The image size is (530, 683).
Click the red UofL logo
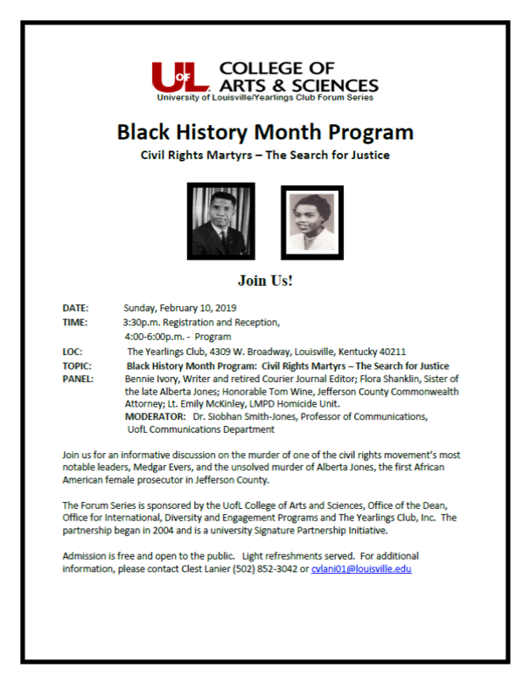180,77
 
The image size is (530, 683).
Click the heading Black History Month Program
265,133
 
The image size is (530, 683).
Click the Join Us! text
265,282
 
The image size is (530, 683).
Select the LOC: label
73,351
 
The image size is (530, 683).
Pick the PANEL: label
78,379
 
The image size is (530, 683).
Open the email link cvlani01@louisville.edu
361,568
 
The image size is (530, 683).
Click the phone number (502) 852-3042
259,568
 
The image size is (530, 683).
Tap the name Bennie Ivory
151,379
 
